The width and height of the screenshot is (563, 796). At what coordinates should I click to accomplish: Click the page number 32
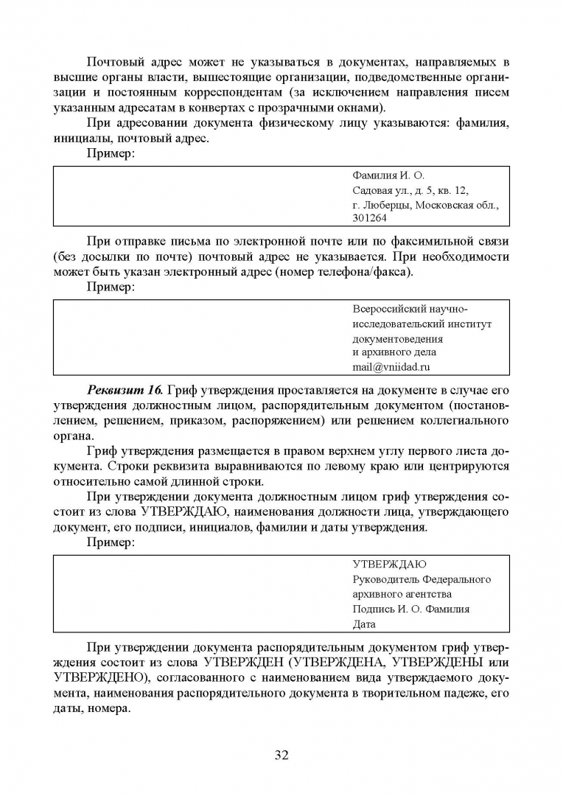[281, 755]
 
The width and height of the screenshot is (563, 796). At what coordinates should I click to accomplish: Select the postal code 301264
[371, 218]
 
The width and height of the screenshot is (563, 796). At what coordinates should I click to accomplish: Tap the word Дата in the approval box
[364, 624]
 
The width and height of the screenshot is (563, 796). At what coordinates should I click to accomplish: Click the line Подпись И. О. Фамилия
[410, 610]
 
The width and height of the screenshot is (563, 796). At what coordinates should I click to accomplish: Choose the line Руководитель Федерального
[421, 579]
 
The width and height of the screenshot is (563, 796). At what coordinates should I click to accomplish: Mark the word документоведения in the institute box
[397, 339]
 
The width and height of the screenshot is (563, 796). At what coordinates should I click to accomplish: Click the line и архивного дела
[394, 352]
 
